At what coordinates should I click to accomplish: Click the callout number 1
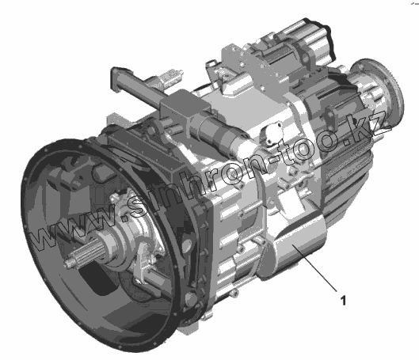[343, 301]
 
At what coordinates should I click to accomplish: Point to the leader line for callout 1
[314, 267]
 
